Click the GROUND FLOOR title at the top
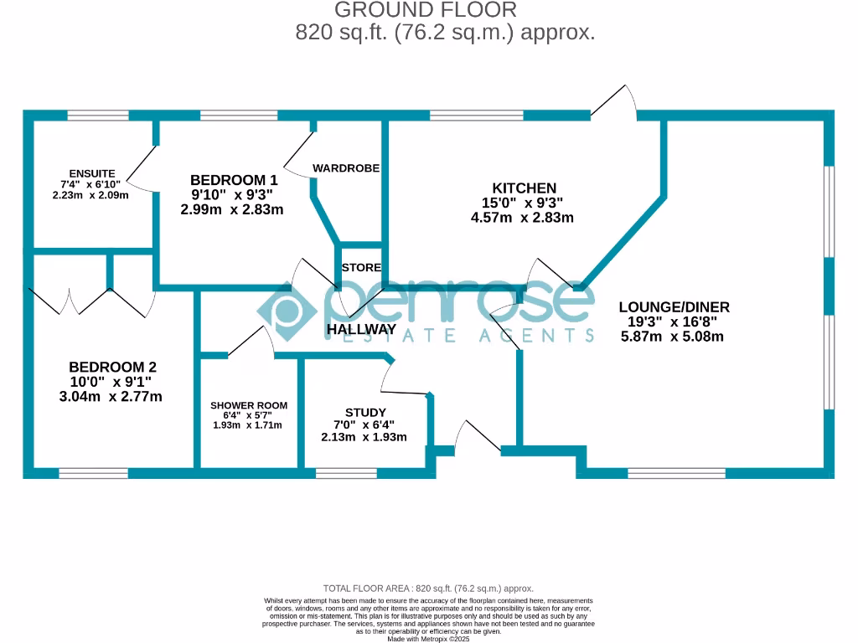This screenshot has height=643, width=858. pyautogui.click(x=426, y=10)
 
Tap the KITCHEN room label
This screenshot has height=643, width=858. pyautogui.click(x=524, y=188)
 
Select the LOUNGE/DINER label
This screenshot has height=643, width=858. pyautogui.click(x=674, y=306)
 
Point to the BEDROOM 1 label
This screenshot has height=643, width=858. pyautogui.click(x=234, y=180)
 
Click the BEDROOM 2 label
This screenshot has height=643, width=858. pyautogui.click(x=112, y=367)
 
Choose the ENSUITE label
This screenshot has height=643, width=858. pyautogui.click(x=92, y=173)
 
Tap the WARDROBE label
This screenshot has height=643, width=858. pyautogui.click(x=346, y=168)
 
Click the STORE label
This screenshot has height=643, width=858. pyautogui.click(x=361, y=268)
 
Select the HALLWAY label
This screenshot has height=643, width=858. pyautogui.click(x=361, y=330)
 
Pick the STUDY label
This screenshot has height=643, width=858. pyautogui.click(x=365, y=413)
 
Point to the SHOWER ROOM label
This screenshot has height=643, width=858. pyautogui.click(x=249, y=405)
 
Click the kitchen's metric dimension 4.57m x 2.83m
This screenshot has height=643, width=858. pyautogui.click(x=523, y=218)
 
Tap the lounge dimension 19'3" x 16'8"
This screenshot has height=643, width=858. pyautogui.click(x=673, y=321)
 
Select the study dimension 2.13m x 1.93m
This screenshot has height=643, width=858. pyautogui.click(x=364, y=437)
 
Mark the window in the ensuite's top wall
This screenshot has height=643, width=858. pyautogui.click(x=92, y=116)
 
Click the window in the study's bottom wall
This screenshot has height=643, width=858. pyautogui.click(x=346, y=473)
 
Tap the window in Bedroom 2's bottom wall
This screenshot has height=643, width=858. pyautogui.click(x=93, y=473)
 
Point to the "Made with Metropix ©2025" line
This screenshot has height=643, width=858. pyautogui.click(x=428, y=639)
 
